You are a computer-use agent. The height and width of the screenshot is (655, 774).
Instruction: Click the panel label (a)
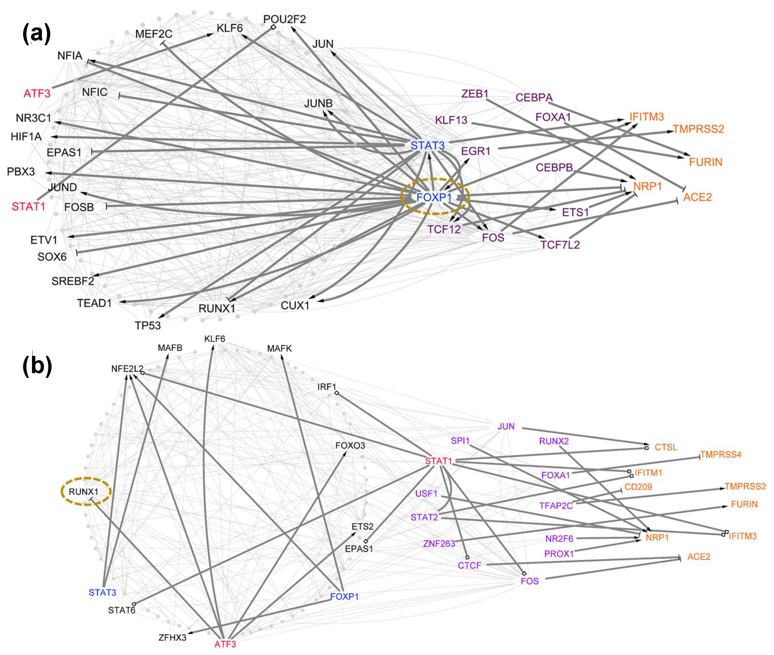tap(36, 34)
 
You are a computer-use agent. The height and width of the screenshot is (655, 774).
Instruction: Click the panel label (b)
tap(37, 366)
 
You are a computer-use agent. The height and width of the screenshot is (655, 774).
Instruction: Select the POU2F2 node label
tap(284, 19)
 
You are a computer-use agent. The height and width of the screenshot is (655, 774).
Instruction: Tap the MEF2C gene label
tap(154, 34)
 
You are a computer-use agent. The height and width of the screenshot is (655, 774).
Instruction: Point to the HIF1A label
tap(26, 137)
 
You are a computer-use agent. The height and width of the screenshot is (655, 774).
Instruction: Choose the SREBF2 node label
tap(73, 281)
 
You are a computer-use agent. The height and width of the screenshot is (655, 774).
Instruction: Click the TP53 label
tap(148, 326)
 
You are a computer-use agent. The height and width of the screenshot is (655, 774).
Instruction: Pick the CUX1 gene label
tap(295, 306)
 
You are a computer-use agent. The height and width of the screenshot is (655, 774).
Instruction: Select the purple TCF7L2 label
tap(560, 245)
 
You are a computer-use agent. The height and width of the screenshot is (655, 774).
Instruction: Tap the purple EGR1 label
tap(476, 151)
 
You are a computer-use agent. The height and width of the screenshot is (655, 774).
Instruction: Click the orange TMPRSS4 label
tap(721, 454)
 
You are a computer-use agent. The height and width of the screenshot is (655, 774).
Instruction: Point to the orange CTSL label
tap(666, 447)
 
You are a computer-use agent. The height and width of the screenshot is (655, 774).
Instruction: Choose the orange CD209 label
tap(638, 487)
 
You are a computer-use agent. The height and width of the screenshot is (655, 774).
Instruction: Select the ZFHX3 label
tap(172, 637)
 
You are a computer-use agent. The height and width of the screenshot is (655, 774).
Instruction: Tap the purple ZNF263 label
tap(439, 544)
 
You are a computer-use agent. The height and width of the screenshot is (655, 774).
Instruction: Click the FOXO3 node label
tap(350, 445)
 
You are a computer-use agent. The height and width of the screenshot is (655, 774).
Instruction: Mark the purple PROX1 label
tap(559, 554)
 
